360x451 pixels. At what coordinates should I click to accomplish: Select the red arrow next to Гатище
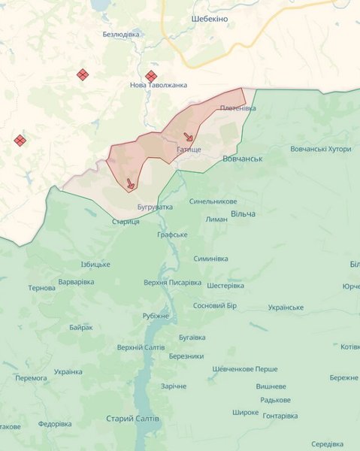[x=188, y=137]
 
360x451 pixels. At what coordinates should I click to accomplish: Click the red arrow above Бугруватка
[x=130, y=183]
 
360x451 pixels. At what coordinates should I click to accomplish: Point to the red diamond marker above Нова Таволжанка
[x=150, y=75]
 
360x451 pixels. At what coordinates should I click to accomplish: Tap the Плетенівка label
[x=237, y=108]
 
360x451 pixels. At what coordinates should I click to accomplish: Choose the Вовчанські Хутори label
[x=320, y=149]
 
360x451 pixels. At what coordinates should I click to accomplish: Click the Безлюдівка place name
[x=121, y=34]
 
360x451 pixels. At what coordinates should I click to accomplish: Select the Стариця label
[x=126, y=221]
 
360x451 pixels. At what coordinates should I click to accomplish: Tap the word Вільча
[x=243, y=214]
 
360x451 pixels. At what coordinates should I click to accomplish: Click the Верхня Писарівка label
[x=172, y=283]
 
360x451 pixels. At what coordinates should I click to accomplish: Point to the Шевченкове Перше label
[x=245, y=369]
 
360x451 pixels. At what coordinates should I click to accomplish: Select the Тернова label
[x=41, y=288]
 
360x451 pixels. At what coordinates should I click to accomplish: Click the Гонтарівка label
[x=280, y=416]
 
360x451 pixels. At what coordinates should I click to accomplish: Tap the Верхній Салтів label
[x=141, y=347]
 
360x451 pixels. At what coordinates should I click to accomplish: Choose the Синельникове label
[x=213, y=201]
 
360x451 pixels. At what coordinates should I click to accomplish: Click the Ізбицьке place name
[x=95, y=264]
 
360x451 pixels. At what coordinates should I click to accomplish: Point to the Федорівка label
[x=55, y=424]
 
